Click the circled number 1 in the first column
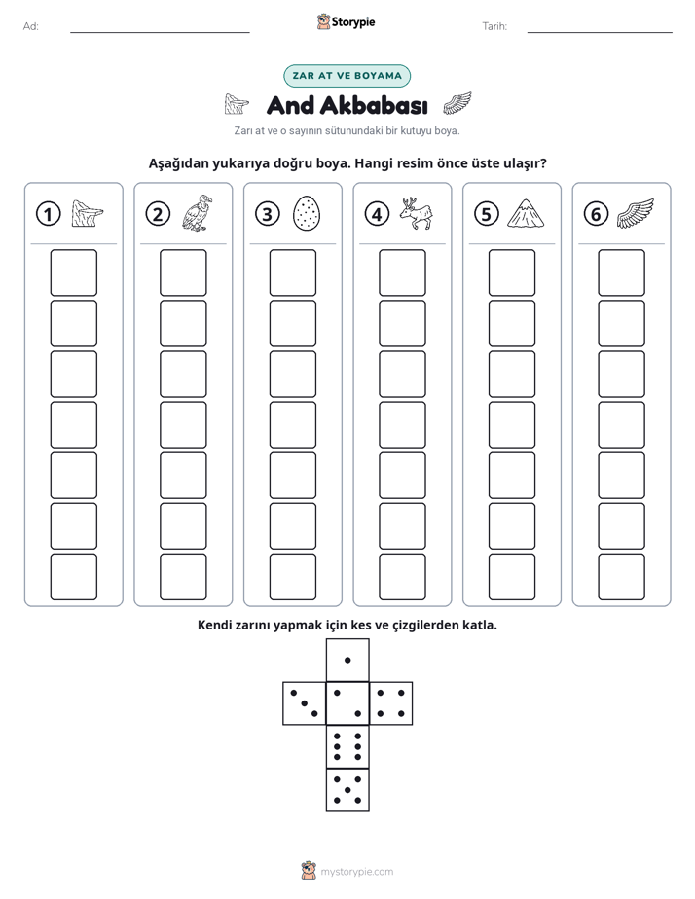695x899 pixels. pyautogui.click(x=48, y=214)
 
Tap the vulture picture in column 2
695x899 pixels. pyautogui.click(x=197, y=213)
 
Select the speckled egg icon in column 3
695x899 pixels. pyautogui.click(x=307, y=213)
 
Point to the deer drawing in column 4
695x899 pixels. pyautogui.click(x=416, y=213)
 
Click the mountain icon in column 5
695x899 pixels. pyautogui.click(x=526, y=214)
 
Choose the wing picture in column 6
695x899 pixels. pyautogui.click(x=636, y=213)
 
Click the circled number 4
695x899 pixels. pyautogui.click(x=377, y=214)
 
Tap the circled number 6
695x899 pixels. pyautogui.click(x=596, y=214)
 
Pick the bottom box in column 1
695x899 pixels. pyautogui.click(x=73, y=577)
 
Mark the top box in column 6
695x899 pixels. pyautogui.click(x=621, y=272)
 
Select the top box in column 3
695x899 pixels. pyautogui.click(x=292, y=272)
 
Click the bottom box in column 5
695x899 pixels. pyautogui.click(x=511, y=577)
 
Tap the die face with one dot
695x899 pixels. pyautogui.click(x=347, y=660)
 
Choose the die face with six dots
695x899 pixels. pyautogui.click(x=347, y=746)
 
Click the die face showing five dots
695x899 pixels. pyautogui.click(x=347, y=790)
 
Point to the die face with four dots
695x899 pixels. pyautogui.click(x=391, y=703)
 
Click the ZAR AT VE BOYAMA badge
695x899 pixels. pyautogui.click(x=347, y=76)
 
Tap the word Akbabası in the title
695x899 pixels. pyautogui.click(x=374, y=105)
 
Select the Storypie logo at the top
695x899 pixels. pyautogui.click(x=346, y=22)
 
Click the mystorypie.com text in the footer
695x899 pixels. pyautogui.click(x=356, y=872)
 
